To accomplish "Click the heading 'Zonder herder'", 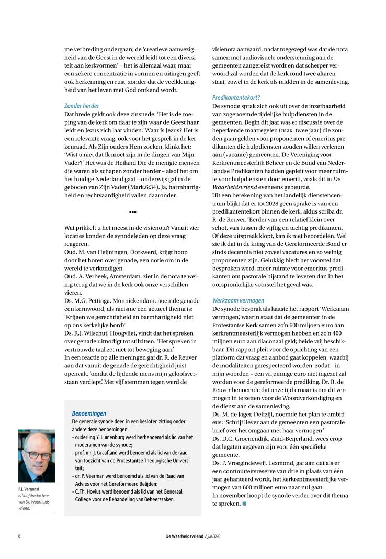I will pos(82,106).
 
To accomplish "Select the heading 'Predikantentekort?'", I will pos(236,98).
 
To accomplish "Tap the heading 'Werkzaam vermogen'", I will pos(238,300).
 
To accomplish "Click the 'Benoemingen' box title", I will pos(89,413).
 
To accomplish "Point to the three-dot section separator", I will pos(132,212).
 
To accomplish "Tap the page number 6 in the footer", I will pos(19,536).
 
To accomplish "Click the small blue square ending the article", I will pos(244,504).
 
